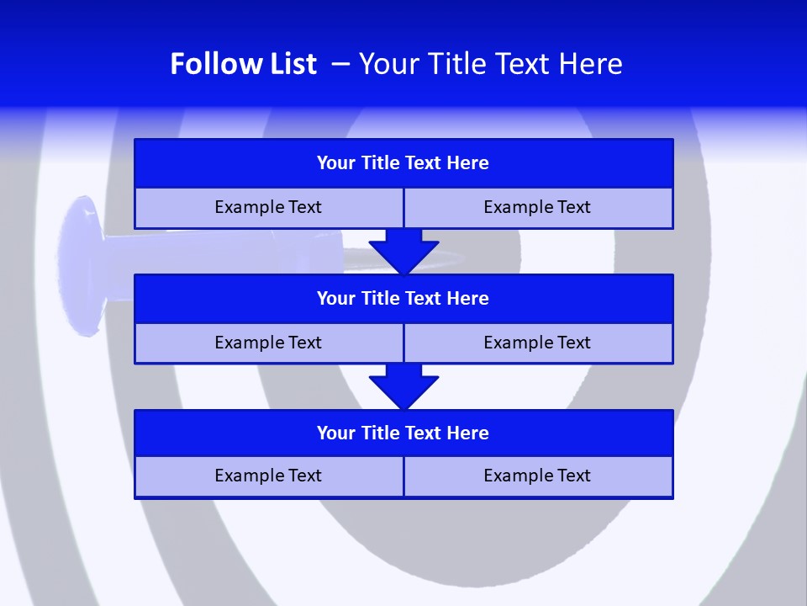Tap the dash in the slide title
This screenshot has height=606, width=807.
[341, 64]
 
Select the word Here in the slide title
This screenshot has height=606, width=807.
[593, 64]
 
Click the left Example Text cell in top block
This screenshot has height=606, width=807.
[268, 208]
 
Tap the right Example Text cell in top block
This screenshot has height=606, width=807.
[537, 208]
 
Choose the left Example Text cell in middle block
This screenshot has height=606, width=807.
[268, 343]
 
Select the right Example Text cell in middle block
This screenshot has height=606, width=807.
[537, 343]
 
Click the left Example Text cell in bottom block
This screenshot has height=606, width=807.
[268, 476]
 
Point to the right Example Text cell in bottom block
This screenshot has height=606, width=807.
[537, 476]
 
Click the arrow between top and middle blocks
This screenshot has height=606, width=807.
[403, 251]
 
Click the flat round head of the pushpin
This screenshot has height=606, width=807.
[80, 252]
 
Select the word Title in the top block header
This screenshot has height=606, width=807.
[381, 163]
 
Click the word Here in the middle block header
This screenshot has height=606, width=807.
[468, 299]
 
